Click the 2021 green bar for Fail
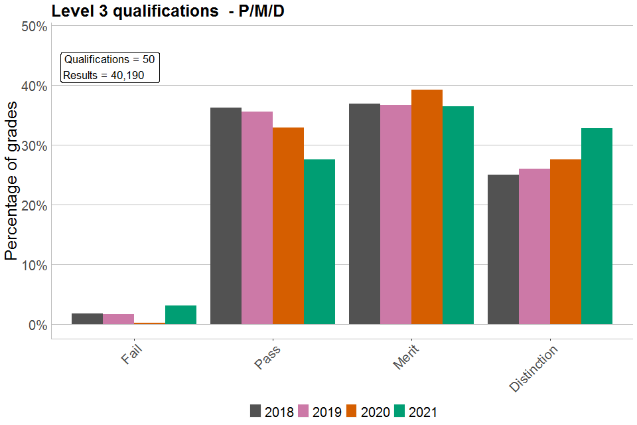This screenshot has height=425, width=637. tap(180, 315)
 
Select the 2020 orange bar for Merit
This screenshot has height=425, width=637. tap(427, 207)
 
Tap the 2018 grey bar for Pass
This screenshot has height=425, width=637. tap(226, 216)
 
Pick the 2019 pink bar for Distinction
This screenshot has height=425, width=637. tap(534, 246)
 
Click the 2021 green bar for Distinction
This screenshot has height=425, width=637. tap(597, 226)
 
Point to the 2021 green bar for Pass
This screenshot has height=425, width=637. tap(319, 242)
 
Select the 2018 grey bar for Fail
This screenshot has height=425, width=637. tap(87, 319)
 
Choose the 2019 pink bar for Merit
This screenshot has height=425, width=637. tap(395, 214)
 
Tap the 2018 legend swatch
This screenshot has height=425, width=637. tap(255, 412)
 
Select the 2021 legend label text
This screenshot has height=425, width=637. tap(423, 412)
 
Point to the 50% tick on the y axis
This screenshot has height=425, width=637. tap(34, 27)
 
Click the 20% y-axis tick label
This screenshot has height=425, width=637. tap(34, 205)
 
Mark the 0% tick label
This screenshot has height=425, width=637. tap(37, 325)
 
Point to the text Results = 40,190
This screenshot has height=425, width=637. tap(104, 75)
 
